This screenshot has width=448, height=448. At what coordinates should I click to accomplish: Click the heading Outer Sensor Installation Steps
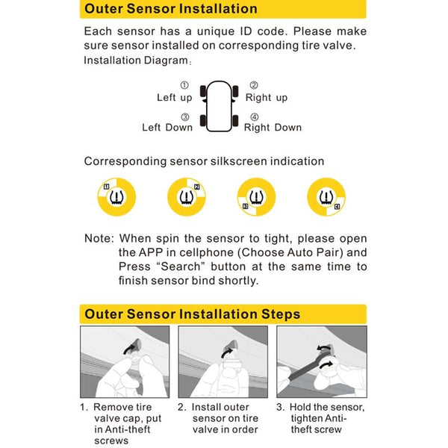pos(192,314)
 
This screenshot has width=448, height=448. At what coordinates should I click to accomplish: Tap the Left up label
pos(174,98)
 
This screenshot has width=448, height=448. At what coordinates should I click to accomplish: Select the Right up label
pos(267,98)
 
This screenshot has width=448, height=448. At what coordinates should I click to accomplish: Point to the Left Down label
pos(167,128)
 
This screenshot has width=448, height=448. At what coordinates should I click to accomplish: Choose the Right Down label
pos(273,128)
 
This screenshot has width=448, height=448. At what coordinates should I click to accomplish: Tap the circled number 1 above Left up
pos(184,86)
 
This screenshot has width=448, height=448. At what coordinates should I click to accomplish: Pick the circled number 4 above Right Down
pos(254,116)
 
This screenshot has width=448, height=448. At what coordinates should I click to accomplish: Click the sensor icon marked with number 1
pos(116,197)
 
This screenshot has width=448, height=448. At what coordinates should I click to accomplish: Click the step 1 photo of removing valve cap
pos(124,362)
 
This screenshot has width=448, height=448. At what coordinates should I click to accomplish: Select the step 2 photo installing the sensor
pos(223,362)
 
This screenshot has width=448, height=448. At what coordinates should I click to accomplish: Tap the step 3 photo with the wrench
pos(322,362)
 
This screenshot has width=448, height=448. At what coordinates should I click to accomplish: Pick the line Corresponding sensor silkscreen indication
pos(204,161)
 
